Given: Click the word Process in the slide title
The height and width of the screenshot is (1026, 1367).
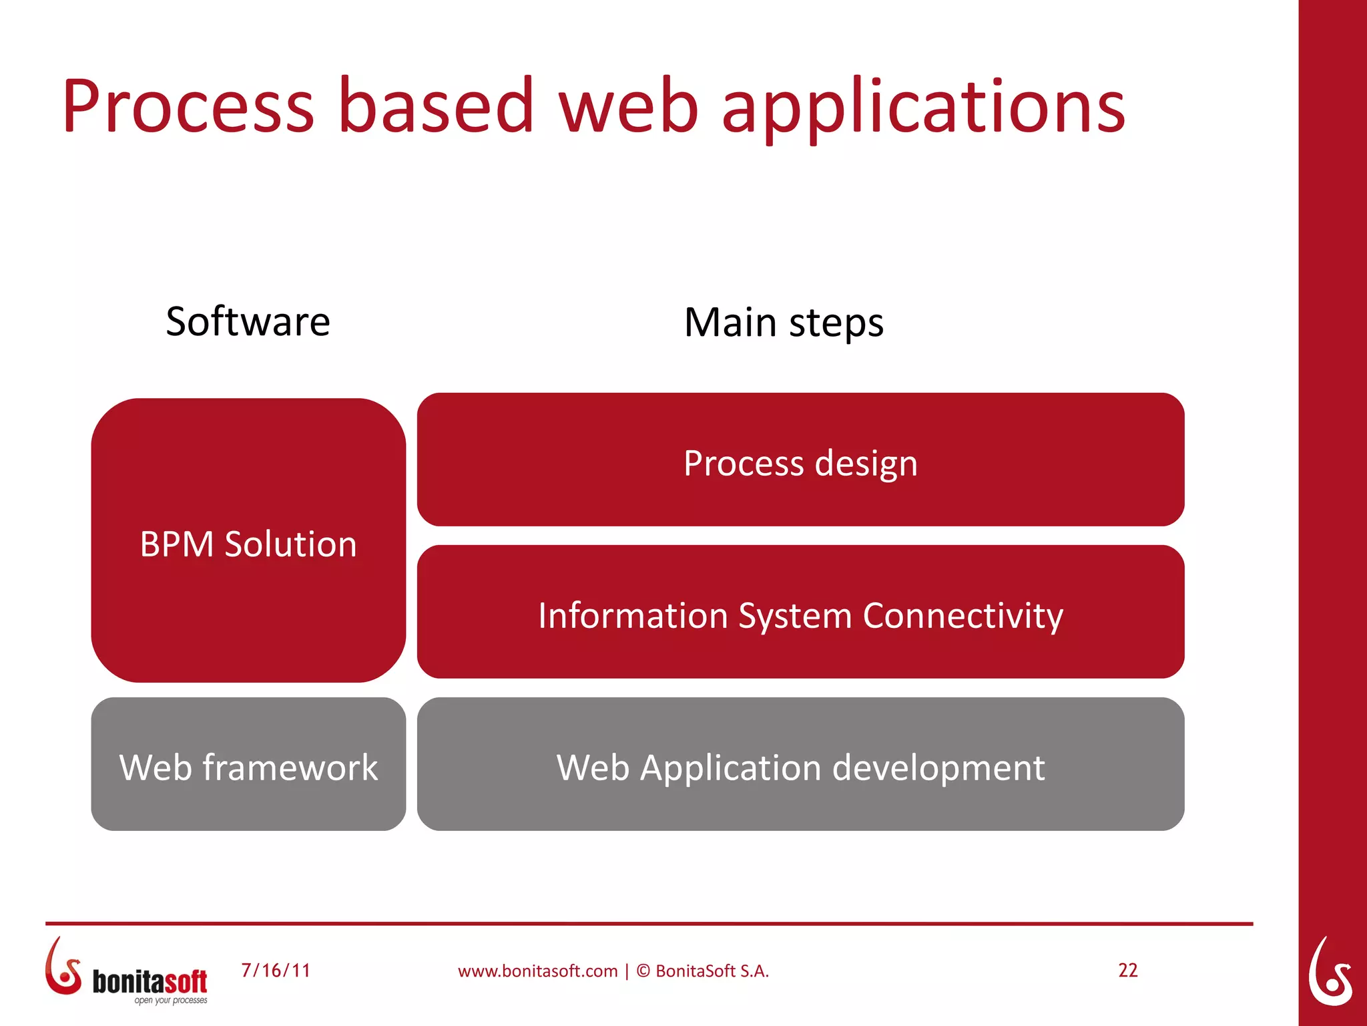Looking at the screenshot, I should click(188, 107).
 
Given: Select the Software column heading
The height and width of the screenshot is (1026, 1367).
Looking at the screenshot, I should click(248, 322).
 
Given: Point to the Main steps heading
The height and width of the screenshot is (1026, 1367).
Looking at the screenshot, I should click(784, 323).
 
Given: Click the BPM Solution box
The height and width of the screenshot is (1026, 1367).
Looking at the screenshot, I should click(248, 541).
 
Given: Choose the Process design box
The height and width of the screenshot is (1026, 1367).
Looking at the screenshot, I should click(800, 461).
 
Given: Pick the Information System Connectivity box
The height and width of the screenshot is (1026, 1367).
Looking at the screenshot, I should click(800, 613).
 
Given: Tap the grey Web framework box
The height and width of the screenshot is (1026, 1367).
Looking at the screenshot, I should click(248, 765).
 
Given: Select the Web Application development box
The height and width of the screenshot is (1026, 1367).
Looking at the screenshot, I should click(800, 765).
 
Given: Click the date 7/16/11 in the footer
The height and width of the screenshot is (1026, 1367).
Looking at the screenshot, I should click(276, 970).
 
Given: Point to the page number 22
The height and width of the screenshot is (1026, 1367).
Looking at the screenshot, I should click(1127, 970).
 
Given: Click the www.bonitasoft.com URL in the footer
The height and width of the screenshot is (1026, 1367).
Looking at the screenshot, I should click(537, 971).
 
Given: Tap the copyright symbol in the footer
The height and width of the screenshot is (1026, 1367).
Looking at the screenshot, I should click(643, 971).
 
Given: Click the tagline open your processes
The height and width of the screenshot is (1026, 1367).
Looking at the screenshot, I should click(171, 1001).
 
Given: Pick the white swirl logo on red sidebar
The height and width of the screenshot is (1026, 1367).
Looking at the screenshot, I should click(1330, 972).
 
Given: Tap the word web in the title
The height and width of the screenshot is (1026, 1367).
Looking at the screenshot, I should click(628, 107).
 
